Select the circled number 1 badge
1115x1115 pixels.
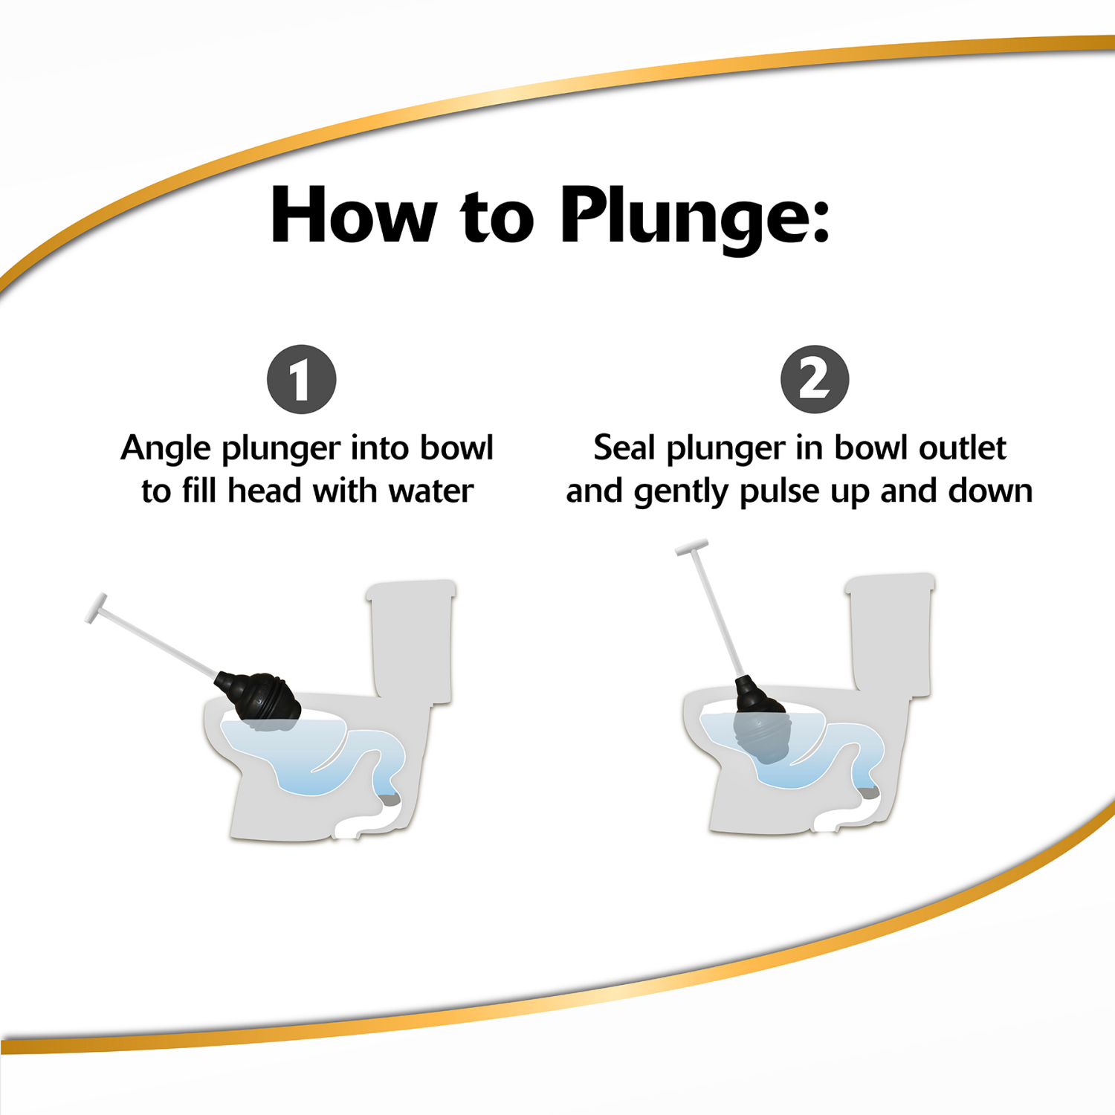pyautogui.click(x=301, y=380)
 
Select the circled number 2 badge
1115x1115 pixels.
pyautogui.click(x=815, y=379)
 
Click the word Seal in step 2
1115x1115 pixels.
pyautogui.click(x=624, y=448)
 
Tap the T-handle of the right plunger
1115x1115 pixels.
pyautogui.click(x=691, y=549)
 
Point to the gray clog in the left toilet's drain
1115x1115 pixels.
pyautogui.click(x=390, y=800)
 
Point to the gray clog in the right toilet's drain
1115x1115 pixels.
pyautogui.click(x=869, y=792)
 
